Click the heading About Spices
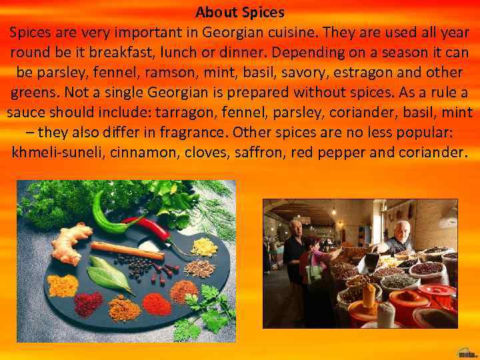[x=240, y=12]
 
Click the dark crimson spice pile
[x=88, y=303]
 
